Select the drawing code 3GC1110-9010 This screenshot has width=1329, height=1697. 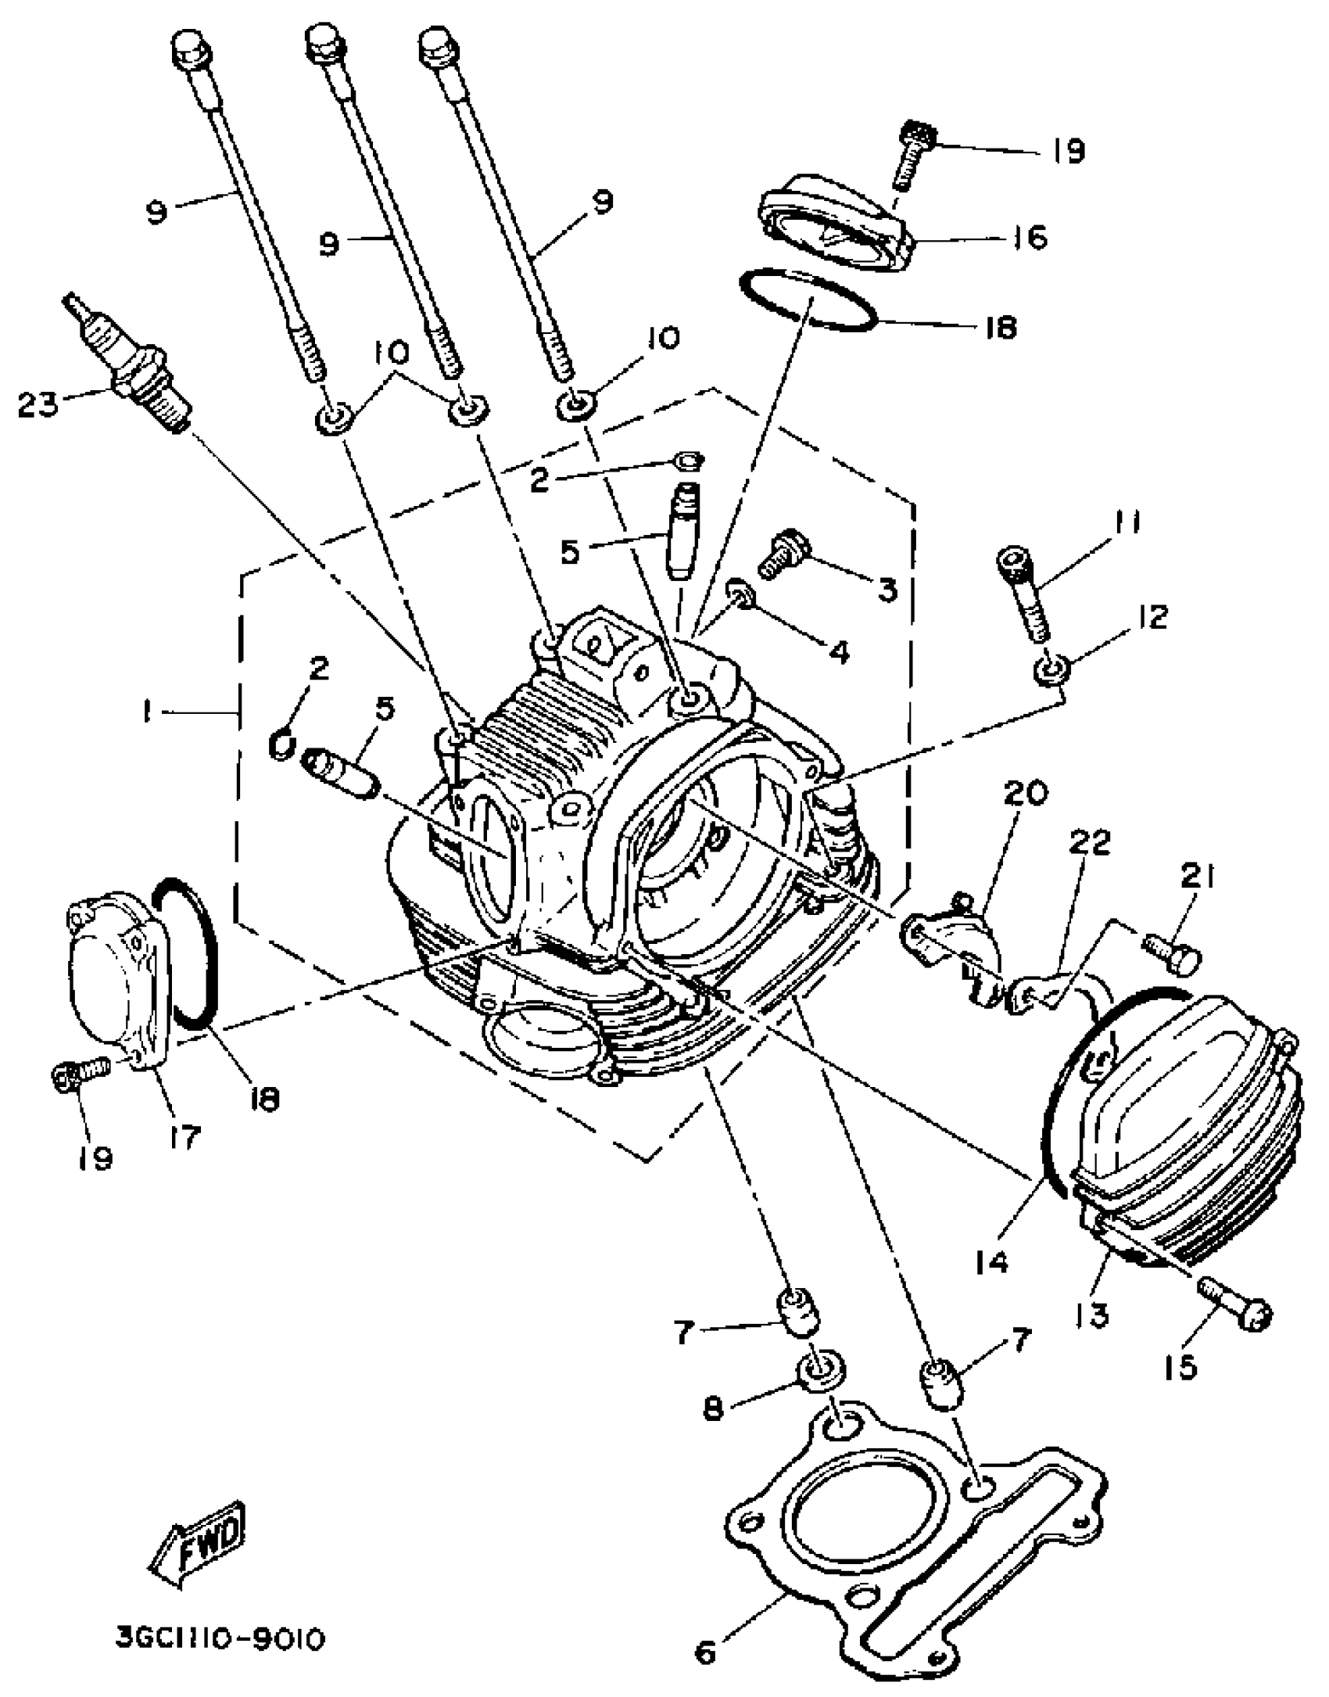(220, 1639)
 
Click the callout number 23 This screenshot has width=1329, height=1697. (38, 404)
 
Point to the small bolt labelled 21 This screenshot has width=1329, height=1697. (1170, 951)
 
